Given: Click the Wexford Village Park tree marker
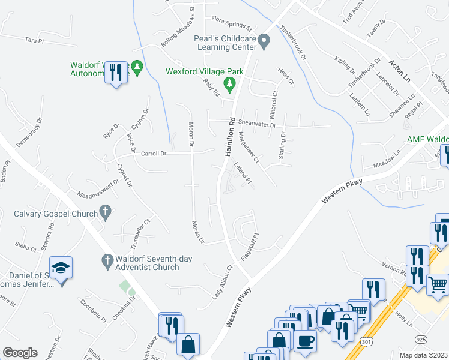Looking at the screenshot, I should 228,83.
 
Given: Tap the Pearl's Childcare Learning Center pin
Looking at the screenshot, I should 264,41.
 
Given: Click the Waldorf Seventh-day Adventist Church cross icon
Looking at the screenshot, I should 106,260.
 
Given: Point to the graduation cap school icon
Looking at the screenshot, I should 61,267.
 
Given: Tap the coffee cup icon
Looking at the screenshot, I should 306,341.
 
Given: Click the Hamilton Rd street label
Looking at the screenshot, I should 230,137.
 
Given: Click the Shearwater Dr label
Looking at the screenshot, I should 256,122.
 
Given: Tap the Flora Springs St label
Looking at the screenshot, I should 231,28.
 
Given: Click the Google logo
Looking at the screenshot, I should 20,353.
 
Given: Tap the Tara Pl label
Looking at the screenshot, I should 35,40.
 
